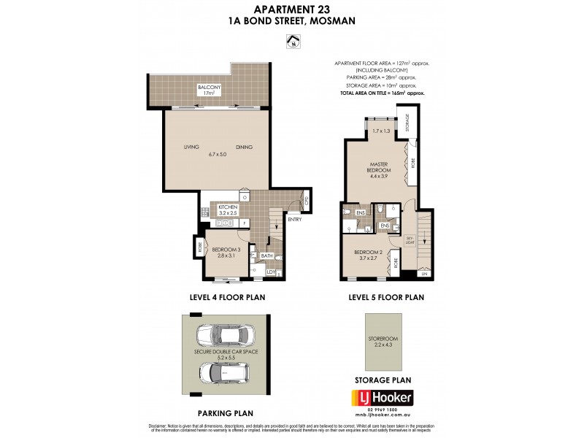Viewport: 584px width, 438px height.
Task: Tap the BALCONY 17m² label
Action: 208,91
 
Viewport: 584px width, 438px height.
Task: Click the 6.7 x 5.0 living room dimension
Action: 218,154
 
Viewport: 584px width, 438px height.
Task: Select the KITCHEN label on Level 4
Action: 228,207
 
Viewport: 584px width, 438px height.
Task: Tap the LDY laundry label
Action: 270,272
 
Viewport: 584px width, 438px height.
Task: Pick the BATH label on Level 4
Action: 266,255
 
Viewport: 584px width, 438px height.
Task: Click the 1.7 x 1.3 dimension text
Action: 382,131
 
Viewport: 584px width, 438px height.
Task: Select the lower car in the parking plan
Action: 225,372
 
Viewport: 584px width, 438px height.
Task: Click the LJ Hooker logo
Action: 383,398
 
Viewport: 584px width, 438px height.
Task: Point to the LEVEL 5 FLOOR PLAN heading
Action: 383,298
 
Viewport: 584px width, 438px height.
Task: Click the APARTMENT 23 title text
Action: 292,9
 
